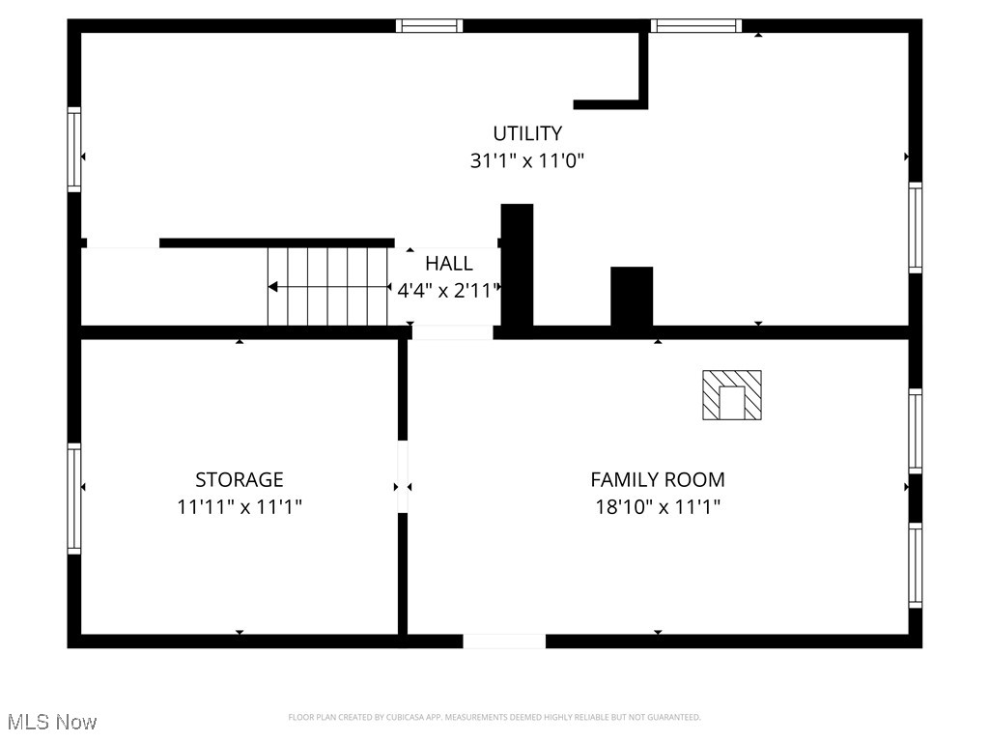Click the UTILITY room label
(527, 133)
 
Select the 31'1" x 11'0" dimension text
(527, 160)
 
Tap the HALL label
(449, 263)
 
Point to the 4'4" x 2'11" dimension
(449, 290)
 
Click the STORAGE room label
(240, 479)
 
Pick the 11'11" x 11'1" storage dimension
(240, 505)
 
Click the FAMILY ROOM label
(657, 479)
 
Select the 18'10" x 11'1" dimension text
(657, 505)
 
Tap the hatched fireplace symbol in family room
(731, 395)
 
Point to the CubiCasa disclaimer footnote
(494, 717)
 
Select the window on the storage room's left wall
(74, 499)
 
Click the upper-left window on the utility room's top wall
(430, 26)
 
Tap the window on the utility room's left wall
(74, 150)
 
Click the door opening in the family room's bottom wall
(504, 641)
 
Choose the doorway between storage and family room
(403, 477)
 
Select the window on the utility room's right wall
(915, 227)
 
